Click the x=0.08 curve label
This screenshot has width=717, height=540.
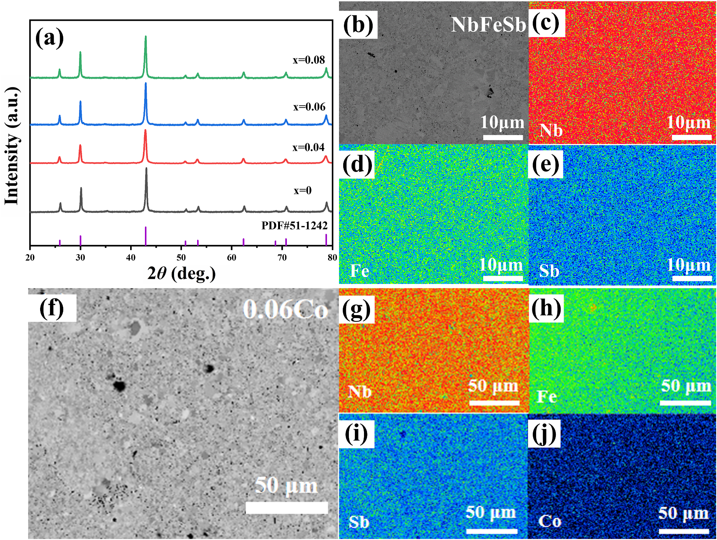click(309, 60)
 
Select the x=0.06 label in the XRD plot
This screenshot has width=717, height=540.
click(309, 107)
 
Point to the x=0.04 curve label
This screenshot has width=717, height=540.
click(308, 147)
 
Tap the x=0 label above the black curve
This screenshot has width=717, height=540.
click(303, 190)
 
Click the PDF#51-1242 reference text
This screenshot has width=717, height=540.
click(294, 226)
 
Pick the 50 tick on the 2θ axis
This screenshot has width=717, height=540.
click(181, 258)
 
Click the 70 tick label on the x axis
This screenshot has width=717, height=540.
click(282, 258)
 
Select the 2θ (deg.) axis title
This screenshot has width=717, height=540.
click(182, 273)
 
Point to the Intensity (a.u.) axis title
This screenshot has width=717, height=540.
click(12, 146)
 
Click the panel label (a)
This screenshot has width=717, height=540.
click(49, 38)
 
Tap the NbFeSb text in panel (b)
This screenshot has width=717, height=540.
click(488, 25)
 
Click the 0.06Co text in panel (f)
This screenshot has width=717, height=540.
click(285, 309)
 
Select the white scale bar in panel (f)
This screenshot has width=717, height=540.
click(286, 507)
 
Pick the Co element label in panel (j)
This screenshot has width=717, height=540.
click(549, 521)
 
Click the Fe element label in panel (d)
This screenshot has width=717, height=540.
click(359, 271)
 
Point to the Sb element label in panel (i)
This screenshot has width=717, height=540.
click(359, 522)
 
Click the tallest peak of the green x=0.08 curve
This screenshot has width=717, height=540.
click(146, 37)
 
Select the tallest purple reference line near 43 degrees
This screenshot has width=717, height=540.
click(146, 236)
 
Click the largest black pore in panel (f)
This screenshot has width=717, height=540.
click(119, 386)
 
